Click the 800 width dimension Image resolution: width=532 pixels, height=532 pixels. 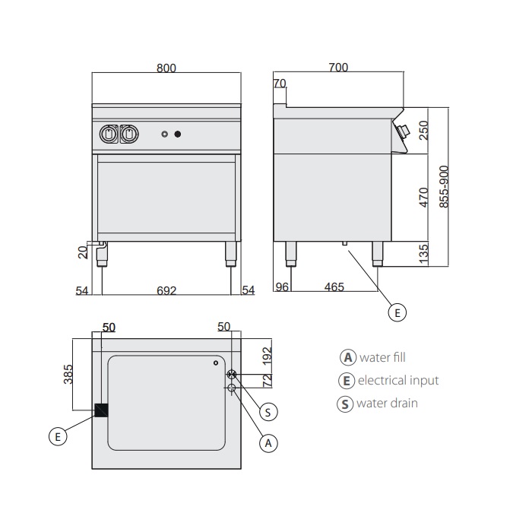[166, 68]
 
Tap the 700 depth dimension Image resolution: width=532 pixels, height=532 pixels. [339, 68]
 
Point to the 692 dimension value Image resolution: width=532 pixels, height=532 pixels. [166, 290]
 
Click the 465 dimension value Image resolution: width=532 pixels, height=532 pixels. [334, 287]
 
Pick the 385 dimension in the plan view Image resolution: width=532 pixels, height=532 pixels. [68, 375]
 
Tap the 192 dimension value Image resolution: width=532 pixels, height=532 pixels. [266, 355]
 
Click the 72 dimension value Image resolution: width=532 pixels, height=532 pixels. [266, 378]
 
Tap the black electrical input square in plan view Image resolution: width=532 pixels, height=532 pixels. [101, 410]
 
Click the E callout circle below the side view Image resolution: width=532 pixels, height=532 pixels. [396, 312]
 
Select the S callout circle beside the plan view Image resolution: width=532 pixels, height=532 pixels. [268, 412]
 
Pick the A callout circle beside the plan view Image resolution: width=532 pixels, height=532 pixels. [268, 443]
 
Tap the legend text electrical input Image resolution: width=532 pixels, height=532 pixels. [398, 380]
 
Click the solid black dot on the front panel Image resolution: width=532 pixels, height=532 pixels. [178, 135]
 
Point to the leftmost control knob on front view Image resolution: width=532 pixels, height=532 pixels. [109, 135]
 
